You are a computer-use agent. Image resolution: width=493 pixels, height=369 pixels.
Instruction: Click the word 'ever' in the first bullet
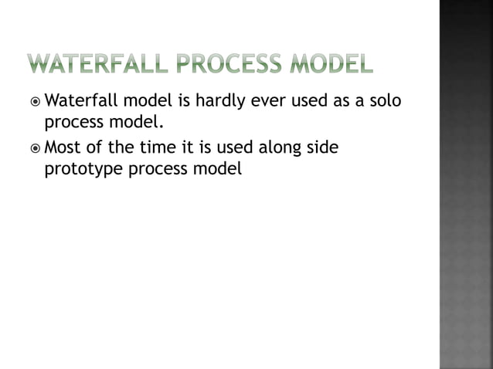(x=264, y=101)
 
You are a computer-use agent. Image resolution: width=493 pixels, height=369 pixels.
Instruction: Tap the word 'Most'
(x=65, y=147)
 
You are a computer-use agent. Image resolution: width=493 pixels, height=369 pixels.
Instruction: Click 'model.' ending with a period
(x=138, y=122)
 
